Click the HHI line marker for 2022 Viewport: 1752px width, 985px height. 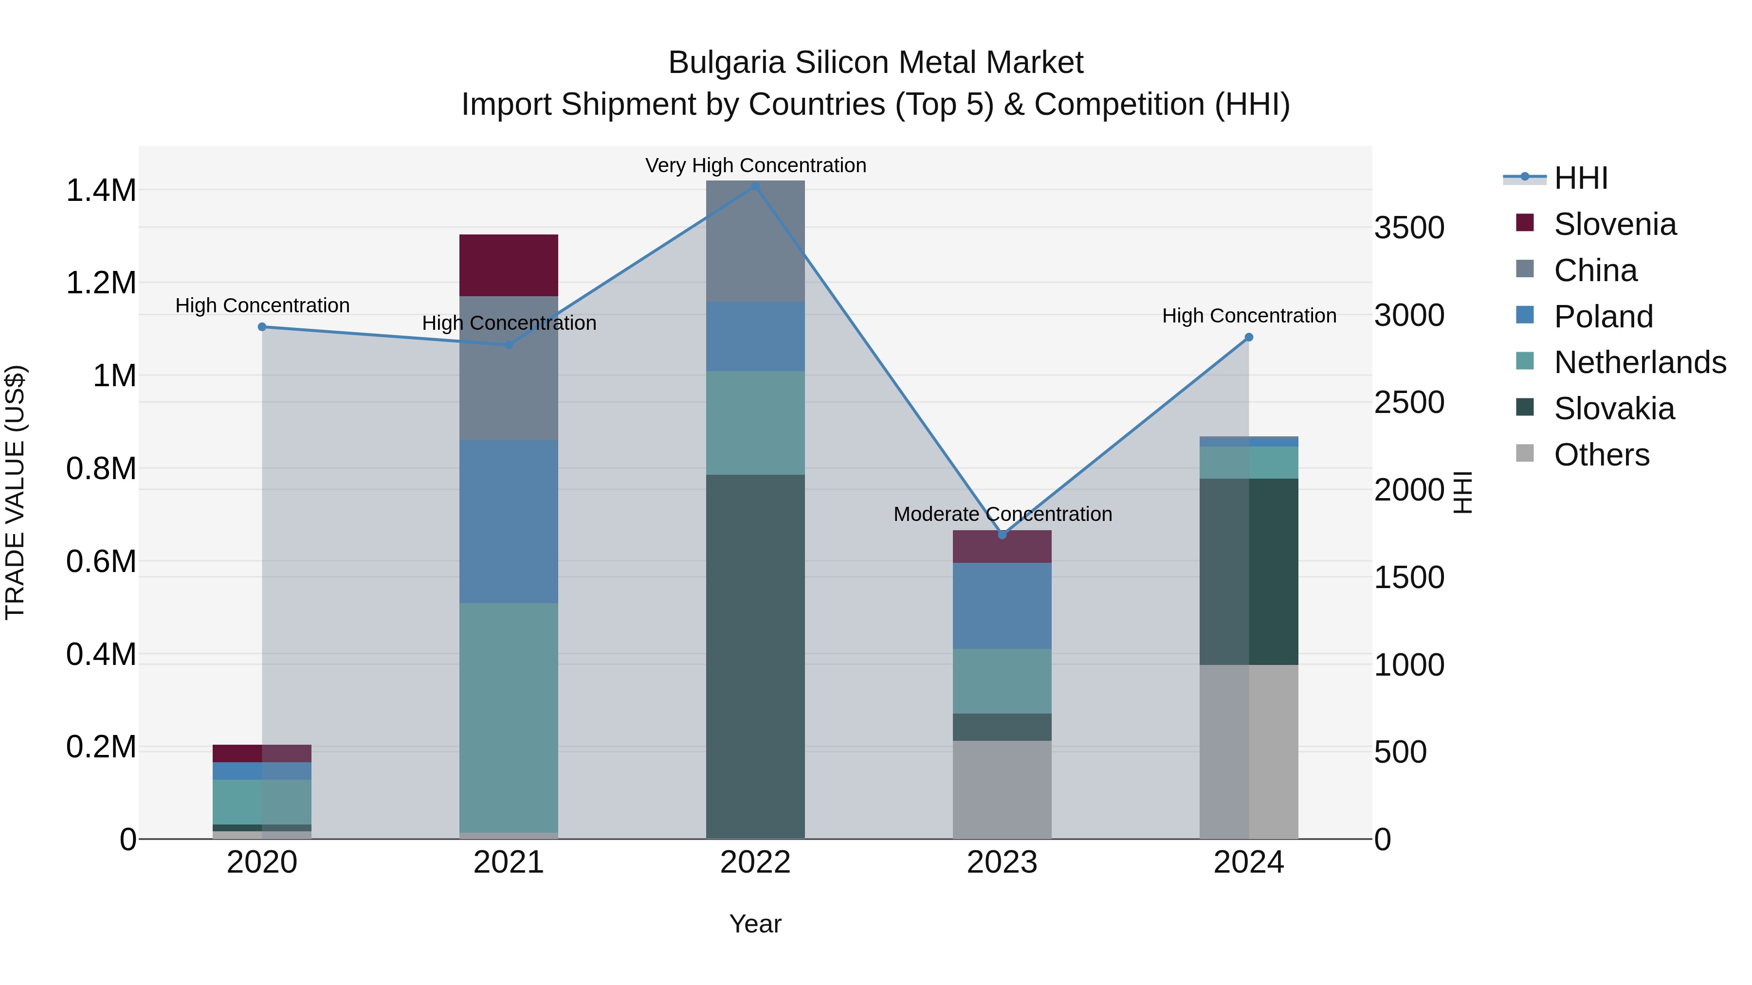tap(755, 186)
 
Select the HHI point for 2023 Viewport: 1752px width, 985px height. tap(1002, 535)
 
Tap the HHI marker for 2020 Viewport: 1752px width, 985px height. tap(262, 327)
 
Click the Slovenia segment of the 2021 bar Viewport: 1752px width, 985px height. tap(509, 265)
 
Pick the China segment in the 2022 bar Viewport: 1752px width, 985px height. tap(755, 241)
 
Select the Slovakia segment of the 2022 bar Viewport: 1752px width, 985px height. tap(755, 656)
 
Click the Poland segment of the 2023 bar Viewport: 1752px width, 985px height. tap(1002, 606)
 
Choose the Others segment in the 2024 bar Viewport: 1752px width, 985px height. tap(1249, 751)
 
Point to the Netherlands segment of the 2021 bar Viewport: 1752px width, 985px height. tap(509, 717)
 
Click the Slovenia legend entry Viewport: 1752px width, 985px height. tap(1615, 224)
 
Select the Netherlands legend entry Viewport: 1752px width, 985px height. tap(1639, 362)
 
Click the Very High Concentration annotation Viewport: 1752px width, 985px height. tap(755, 165)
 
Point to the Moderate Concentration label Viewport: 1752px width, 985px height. tap(1003, 514)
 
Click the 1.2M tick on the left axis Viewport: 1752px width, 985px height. tap(101, 283)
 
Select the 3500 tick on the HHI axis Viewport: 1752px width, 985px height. tap(1408, 228)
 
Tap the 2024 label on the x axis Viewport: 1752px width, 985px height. tap(1249, 862)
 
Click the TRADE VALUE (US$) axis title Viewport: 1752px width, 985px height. tap(15, 492)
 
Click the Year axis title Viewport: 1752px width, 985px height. tap(755, 924)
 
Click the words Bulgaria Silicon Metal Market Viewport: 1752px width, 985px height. tap(876, 63)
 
